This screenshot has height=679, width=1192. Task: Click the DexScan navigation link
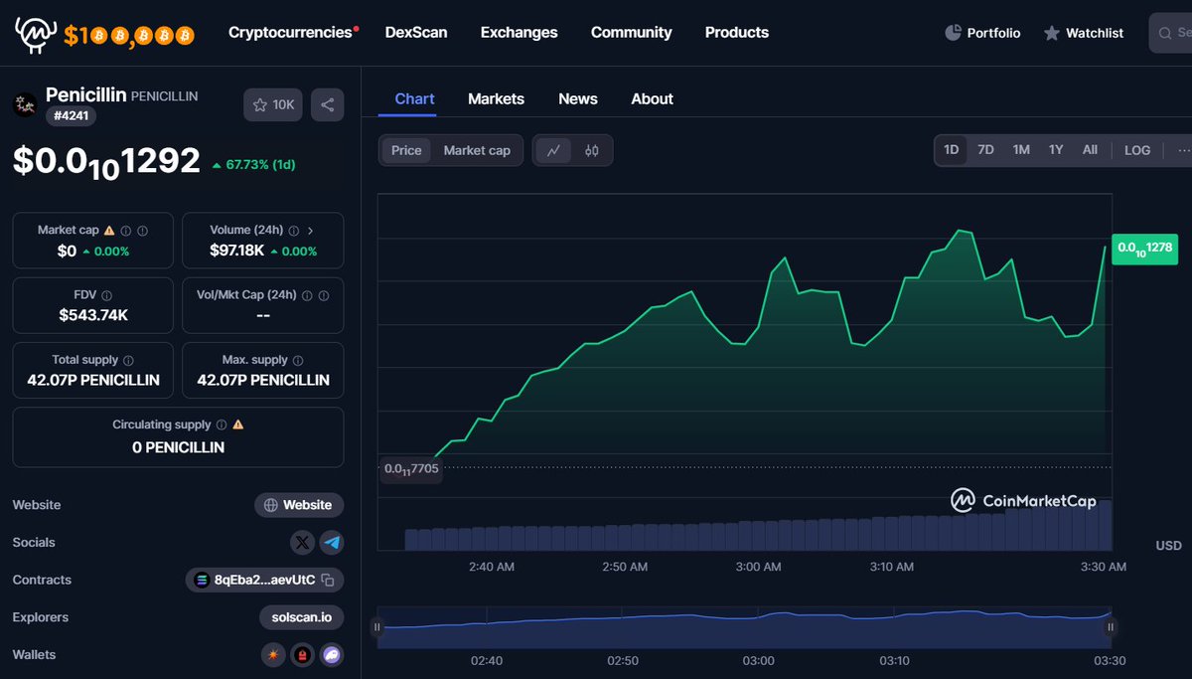tap(416, 33)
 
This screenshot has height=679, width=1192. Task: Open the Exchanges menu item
tap(519, 33)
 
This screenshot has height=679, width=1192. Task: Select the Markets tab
tap(496, 98)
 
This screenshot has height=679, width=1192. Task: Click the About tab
tap(652, 98)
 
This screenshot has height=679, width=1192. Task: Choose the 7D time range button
tap(985, 150)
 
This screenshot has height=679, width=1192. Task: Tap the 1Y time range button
tap(1055, 150)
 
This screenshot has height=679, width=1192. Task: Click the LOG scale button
tap(1137, 150)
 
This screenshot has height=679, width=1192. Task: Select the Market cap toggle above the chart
tap(477, 150)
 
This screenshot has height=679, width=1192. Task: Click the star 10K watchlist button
tap(273, 104)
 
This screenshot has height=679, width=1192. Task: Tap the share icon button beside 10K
tap(328, 104)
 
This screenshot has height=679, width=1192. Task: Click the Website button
tap(299, 505)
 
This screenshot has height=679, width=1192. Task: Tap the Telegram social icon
tap(332, 543)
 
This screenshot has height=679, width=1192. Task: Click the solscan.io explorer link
tap(301, 617)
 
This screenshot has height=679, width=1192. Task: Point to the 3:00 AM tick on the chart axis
tap(758, 567)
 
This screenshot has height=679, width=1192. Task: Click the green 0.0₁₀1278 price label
tap(1144, 249)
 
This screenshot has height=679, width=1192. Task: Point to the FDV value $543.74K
tap(92, 315)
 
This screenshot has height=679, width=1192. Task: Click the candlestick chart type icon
tap(592, 150)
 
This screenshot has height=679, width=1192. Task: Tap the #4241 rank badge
tap(71, 115)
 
